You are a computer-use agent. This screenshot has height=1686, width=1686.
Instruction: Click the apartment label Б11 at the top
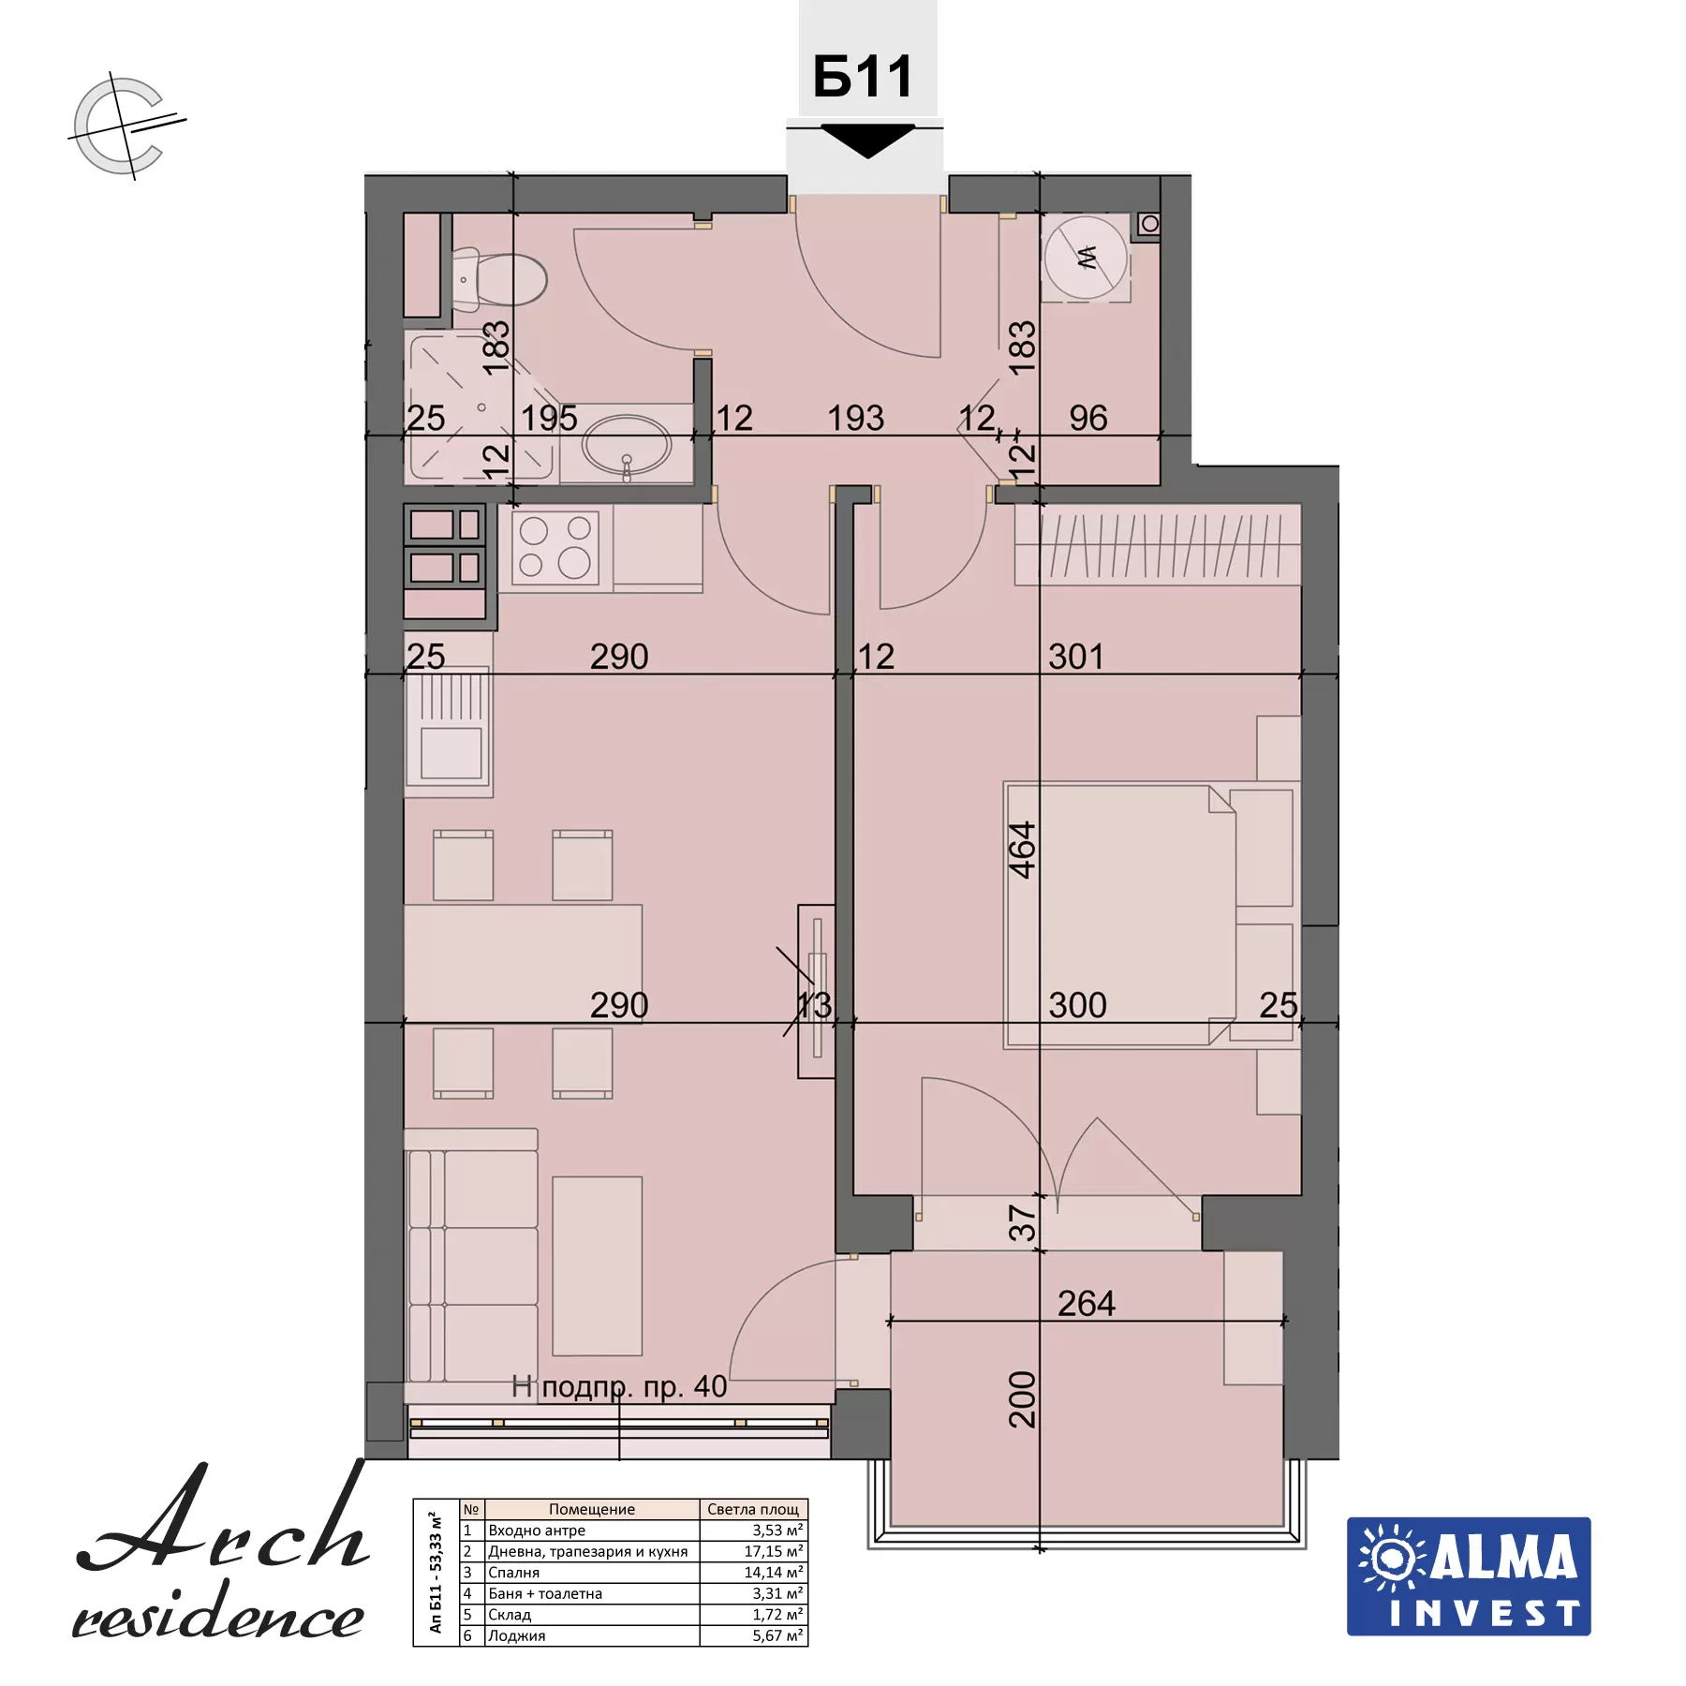coord(863,77)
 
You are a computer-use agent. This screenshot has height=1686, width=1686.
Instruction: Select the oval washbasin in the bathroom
coord(627,446)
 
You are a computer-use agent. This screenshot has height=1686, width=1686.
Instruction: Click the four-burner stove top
coord(555,547)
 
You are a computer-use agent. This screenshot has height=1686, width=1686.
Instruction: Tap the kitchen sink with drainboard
coord(449,730)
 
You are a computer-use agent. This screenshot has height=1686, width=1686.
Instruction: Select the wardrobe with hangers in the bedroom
coord(1158,544)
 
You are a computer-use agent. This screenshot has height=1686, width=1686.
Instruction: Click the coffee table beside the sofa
coord(598,1265)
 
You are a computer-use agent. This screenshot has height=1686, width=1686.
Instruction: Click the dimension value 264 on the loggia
coord(1087,1303)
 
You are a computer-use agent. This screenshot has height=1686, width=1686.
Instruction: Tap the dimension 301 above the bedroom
coord(1076,657)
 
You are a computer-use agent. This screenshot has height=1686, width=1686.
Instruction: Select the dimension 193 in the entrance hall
coord(856,418)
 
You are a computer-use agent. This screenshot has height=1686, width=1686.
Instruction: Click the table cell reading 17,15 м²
coord(774,1551)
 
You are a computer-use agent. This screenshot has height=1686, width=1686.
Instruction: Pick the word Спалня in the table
coord(513,1573)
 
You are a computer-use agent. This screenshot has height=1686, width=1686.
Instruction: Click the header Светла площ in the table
coord(753,1509)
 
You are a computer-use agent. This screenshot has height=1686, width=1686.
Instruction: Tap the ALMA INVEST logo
coord(1469,1576)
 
